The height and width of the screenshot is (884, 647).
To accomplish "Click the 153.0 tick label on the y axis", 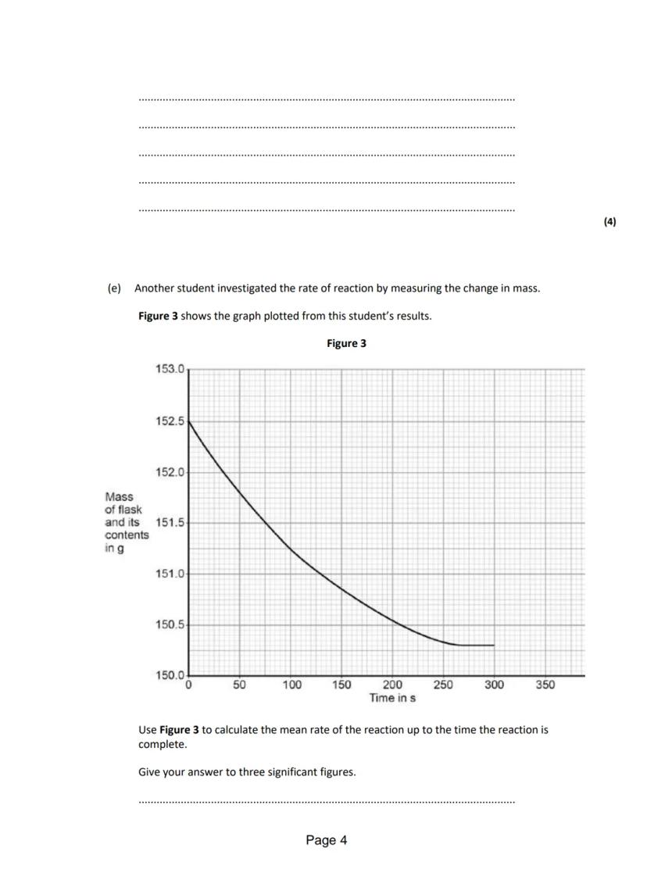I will tap(170, 368).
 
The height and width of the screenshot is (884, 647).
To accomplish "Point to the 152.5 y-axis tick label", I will tap(170, 421).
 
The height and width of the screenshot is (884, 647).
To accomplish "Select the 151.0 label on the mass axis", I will tap(170, 574).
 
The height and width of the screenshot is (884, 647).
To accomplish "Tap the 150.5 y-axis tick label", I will tap(170, 625).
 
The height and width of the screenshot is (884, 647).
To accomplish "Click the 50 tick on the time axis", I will tap(240, 685).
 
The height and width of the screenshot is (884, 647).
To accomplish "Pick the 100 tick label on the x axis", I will tap(291, 685).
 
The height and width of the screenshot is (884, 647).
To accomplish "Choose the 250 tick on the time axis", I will tap(443, 685).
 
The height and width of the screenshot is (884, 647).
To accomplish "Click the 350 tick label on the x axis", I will tap(545, 685).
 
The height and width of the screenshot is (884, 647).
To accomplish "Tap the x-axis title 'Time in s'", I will tap(392, 698).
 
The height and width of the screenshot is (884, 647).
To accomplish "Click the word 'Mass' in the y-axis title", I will tap(119, 496).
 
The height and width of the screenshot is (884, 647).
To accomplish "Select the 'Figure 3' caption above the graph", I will tap(346, 343).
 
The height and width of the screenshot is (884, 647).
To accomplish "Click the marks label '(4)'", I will tap(609, 221).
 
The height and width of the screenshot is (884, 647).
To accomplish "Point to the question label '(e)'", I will tap(114, 288).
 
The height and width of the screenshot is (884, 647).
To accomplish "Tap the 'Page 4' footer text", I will tap(327, 840).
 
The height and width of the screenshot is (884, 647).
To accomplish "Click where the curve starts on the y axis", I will tap(190, 421).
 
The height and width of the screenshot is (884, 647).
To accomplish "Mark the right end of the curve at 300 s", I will tap(494, 645).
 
